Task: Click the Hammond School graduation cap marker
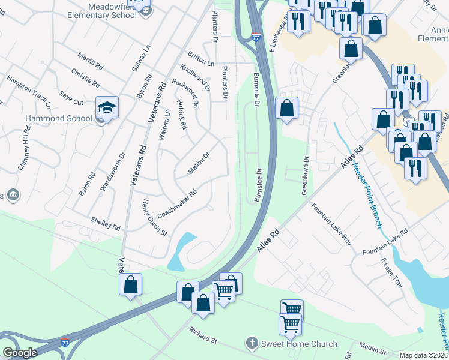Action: pyautogui.click(x=107, y=107)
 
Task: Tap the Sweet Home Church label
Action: pyautogui.click(x=298, y=344)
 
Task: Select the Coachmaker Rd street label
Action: pyautogui.click(x=177, y=205)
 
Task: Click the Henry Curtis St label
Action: pyautogui.click(x=154, y=218)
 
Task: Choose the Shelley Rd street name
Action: pyautogui.click(x=105, y=224)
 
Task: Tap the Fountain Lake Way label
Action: pyautogui.click(x=331, y=224)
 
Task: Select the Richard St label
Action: pyautogui.click(x=203, y=335)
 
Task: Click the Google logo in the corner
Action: pyautogui.click(x=19, y=353)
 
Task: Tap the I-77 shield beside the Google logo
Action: pyautogui.click(x=65, y=343)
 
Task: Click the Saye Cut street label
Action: pyautogui.click(x=71, y=97)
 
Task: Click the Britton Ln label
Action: pyautogui.click(x=200, y=58)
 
